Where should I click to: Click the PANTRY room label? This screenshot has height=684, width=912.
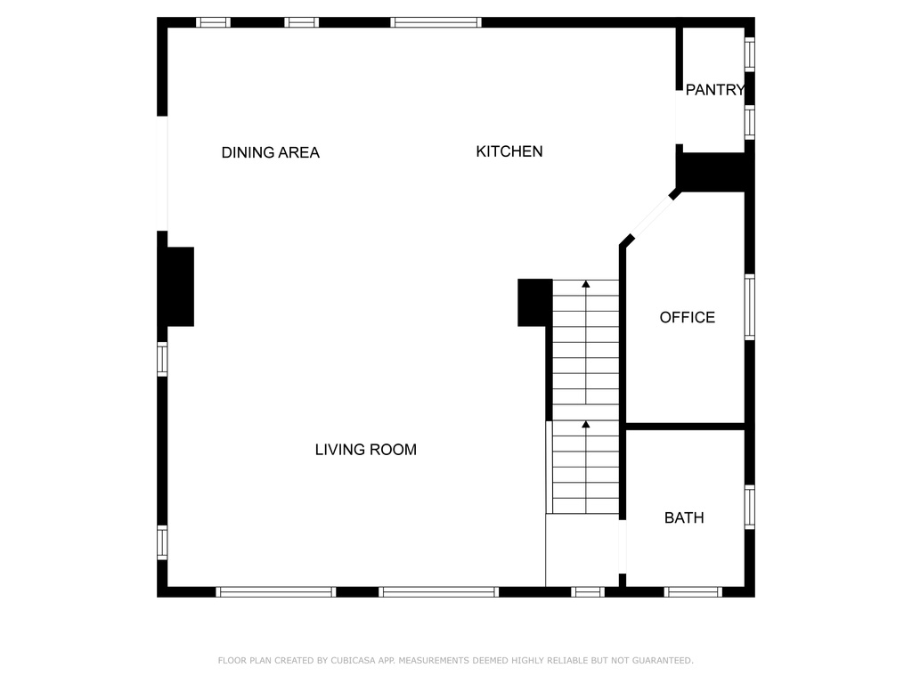point(715,90)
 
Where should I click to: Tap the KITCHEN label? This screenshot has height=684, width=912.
point(509,151)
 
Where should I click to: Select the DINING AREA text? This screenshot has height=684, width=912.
point(271,152)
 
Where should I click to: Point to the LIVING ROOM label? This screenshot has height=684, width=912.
point(366,450)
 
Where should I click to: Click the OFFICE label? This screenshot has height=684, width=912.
point(687,318)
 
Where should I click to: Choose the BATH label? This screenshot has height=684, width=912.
point(684,517)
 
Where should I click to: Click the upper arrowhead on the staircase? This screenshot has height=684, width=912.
point(586,284)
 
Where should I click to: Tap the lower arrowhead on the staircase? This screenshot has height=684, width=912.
point(586,425)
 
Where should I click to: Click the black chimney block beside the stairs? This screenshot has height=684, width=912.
point(535,303)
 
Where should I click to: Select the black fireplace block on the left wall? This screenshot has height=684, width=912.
point(180,287)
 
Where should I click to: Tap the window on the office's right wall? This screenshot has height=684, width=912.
point(750,307)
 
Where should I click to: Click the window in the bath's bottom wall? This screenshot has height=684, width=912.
point(693,592)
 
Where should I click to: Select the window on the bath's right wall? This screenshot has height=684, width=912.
point(750,507)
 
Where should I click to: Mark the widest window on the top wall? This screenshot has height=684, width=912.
point(436,22)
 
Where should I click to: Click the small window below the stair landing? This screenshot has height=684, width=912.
point(588,592)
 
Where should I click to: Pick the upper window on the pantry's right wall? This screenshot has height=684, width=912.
point(750,54)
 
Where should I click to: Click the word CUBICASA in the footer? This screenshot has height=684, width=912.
point(353,660)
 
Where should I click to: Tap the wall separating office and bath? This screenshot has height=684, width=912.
point(685,427)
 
